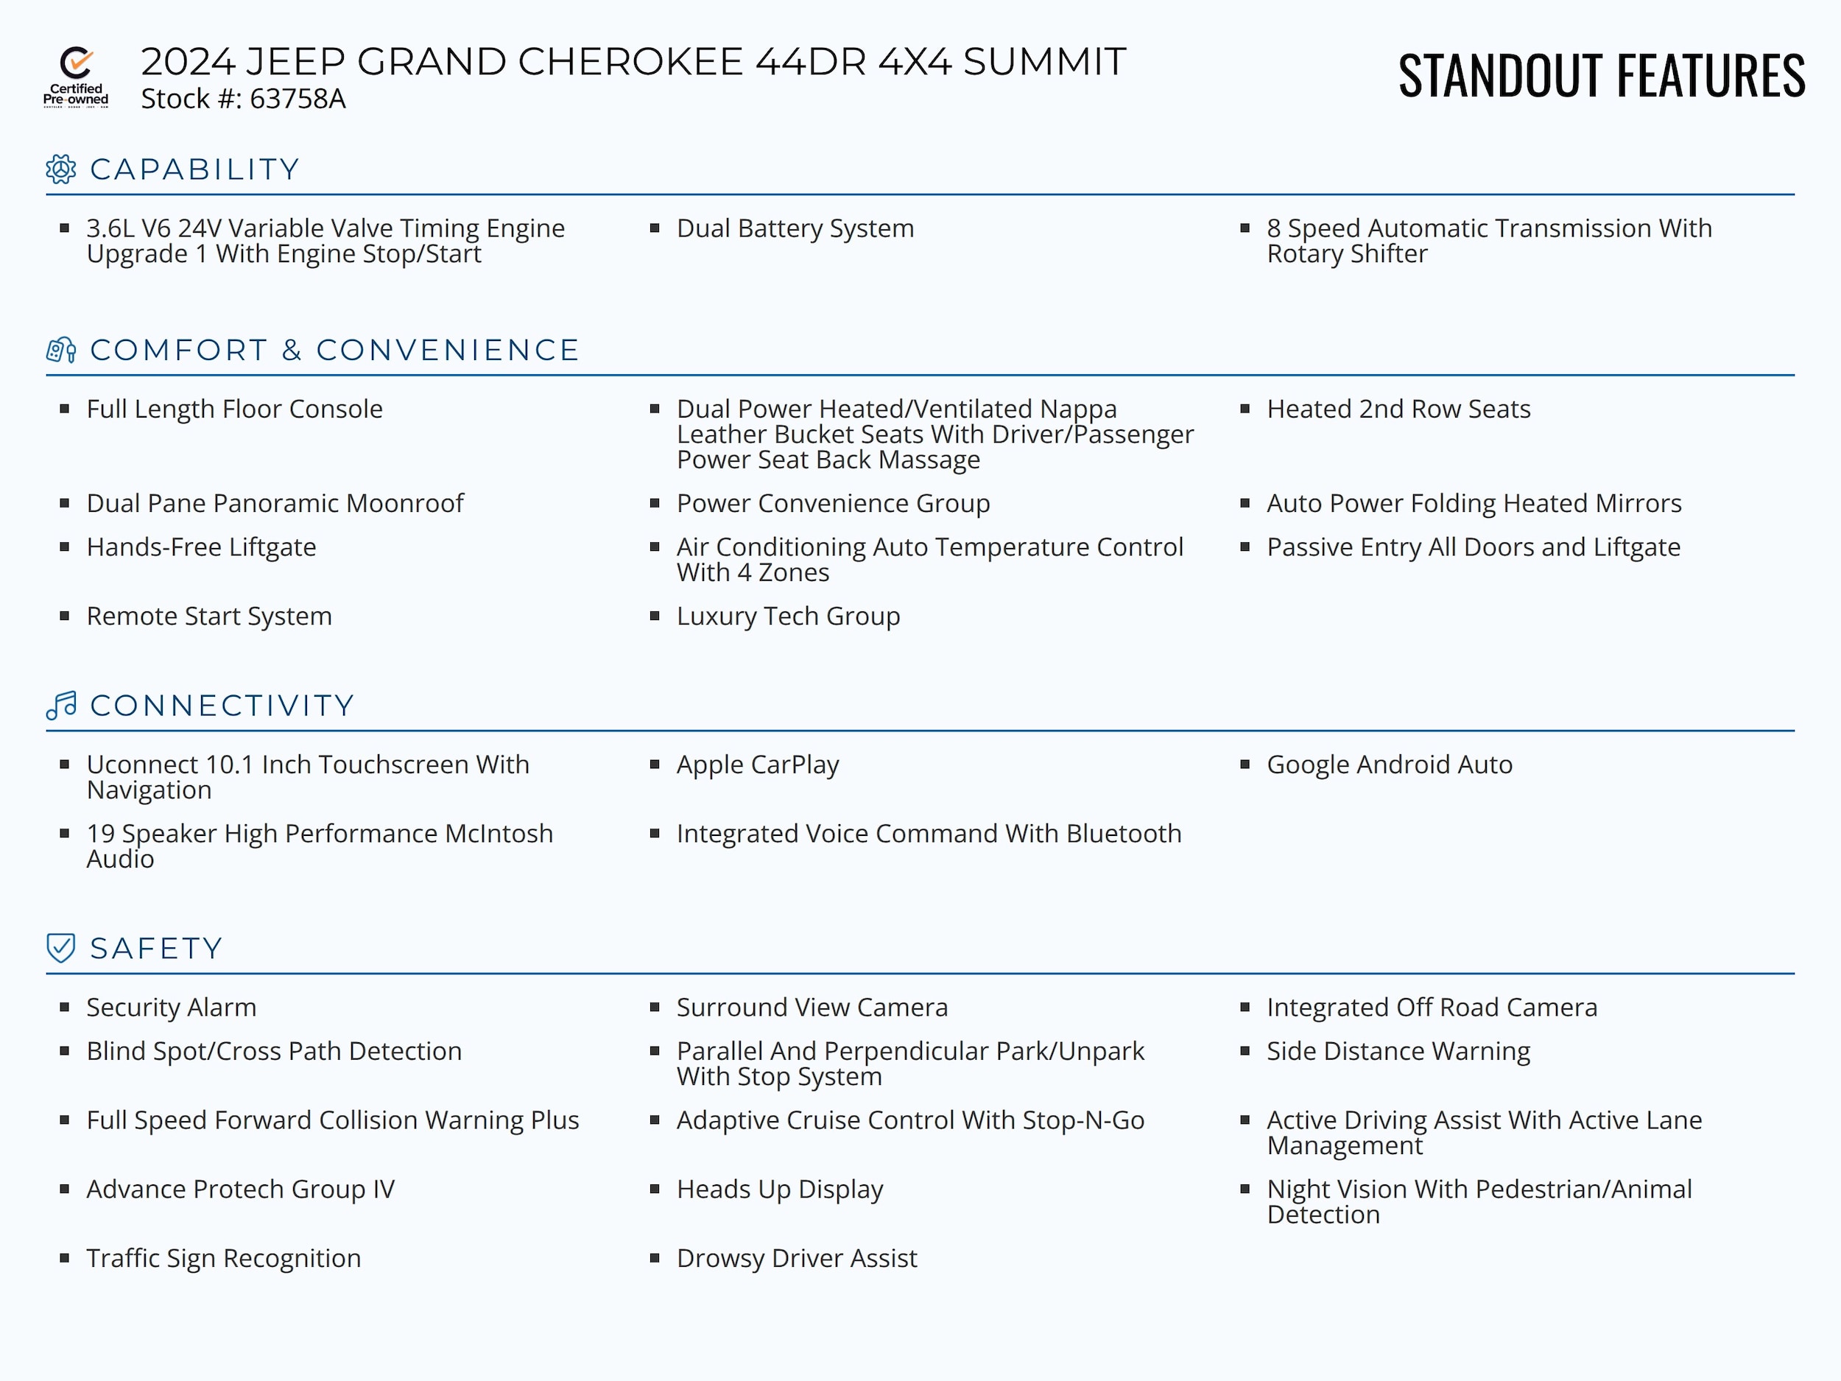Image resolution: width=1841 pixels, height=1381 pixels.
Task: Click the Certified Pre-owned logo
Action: tap(76, 77)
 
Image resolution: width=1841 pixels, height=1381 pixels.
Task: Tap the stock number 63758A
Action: tap(297, 99)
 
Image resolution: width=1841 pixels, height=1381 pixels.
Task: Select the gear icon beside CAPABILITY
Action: tap(61, 169)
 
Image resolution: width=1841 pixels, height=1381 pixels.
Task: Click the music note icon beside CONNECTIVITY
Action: tap(62, 705)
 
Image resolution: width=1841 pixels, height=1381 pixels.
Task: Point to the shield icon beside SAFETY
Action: tap(61, 947)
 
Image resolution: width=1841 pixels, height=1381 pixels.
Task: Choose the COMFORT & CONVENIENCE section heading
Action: tap(334, 351)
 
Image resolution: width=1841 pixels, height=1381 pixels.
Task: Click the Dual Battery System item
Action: tap(795, 228)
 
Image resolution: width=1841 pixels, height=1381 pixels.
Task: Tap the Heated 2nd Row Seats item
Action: tap(1398, 409)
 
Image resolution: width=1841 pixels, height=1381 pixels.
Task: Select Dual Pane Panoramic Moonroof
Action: tap(275, 503)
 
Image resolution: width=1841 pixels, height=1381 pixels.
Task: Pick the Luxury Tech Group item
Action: tap(787, 616)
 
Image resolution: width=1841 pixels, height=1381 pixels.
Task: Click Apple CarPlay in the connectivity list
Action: tap(757, 765)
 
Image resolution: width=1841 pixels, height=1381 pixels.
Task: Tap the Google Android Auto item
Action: tap(1389, 765)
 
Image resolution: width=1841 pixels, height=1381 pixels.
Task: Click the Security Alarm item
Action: tap(171, 1008)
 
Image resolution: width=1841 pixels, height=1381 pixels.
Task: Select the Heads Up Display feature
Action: tap(779, 1189)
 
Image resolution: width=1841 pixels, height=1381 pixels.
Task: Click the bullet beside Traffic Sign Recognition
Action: tap(64, 1258)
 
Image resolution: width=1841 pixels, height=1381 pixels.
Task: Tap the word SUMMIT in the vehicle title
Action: tap(1043, 62)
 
